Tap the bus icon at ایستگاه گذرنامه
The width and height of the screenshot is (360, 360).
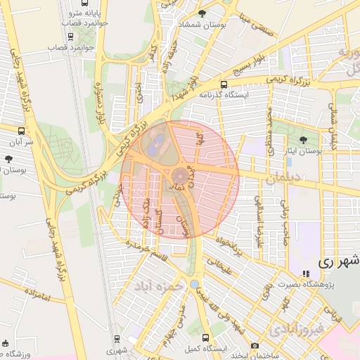[244, 84]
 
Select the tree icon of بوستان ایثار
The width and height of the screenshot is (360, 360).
[303, 140]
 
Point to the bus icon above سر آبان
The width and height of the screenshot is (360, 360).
[22, 131]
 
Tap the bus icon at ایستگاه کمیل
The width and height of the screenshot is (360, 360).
[205, 337]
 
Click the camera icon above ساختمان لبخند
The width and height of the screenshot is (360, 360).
[255, 345]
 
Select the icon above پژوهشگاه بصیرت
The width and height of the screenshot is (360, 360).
[304, 274]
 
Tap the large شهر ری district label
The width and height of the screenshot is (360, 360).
[338, 259]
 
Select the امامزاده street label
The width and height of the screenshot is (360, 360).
[37, 295]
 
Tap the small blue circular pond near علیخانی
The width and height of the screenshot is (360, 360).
[194, 284]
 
